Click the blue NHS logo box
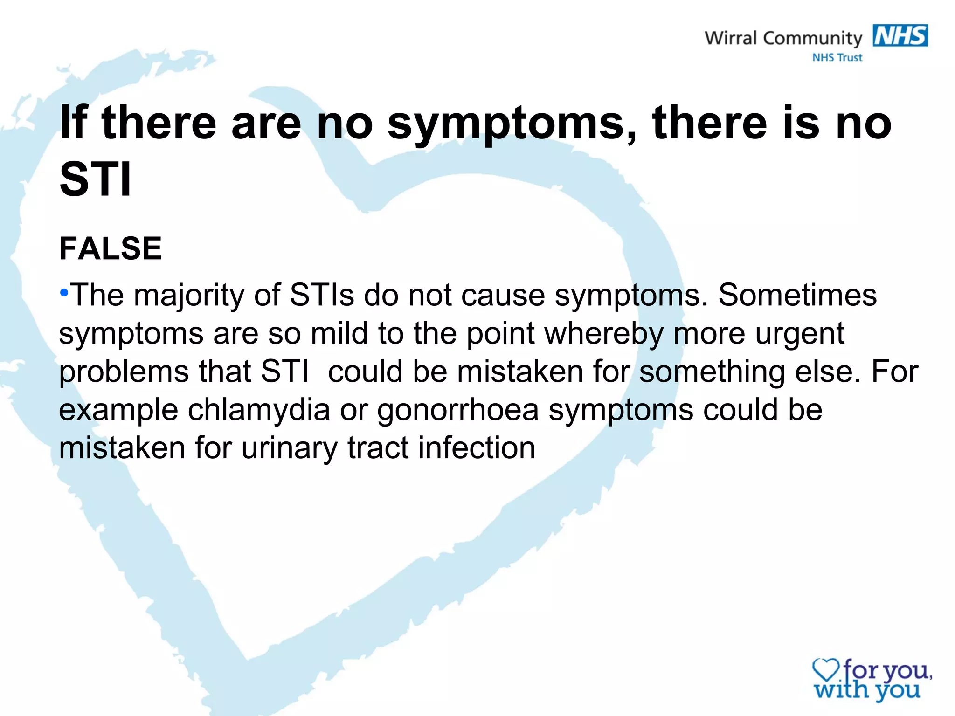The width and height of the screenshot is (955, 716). pos(900,36)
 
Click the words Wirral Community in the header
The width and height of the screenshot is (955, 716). pos(783,38)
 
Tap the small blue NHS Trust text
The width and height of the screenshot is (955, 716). pos(837,58)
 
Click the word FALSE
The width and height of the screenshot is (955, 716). pos(111,248)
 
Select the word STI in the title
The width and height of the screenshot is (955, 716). pos(96,179)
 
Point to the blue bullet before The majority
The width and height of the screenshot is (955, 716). pos(64,293)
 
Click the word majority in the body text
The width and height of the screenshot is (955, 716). pos(189,296)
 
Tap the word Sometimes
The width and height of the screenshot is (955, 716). pos(797,295)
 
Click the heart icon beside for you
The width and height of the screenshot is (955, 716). pos(825,670)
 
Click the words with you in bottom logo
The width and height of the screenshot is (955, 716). pos(867,690)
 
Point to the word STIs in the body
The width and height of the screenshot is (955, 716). pos(321,295)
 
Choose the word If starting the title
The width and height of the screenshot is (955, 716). pos(73,123)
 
